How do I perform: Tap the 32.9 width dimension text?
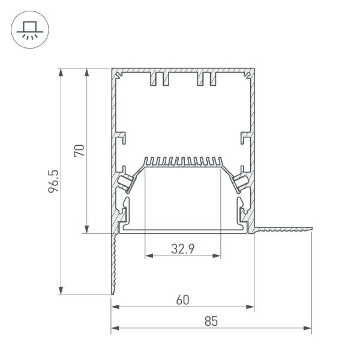tap(182, 248)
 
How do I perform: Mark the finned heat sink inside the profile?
tap(182, 162)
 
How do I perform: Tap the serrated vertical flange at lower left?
tap(112, 264)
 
